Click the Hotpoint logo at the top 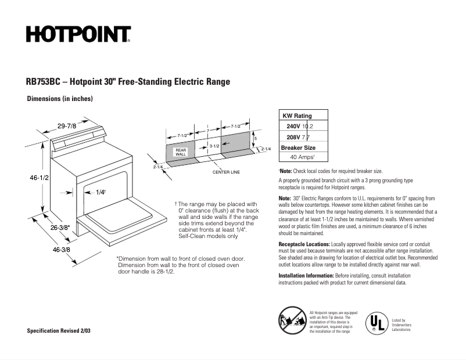[77, 35]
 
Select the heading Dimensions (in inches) [60, 99]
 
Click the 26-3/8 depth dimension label [59, 227]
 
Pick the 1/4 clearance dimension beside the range [100, 192]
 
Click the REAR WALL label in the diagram [181, 152]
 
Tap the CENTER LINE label [226, 172]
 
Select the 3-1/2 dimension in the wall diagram [213, 146]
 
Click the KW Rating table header [297, 116]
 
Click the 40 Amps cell [303, 157]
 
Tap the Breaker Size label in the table [303, 147]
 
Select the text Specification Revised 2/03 [59, 330]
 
